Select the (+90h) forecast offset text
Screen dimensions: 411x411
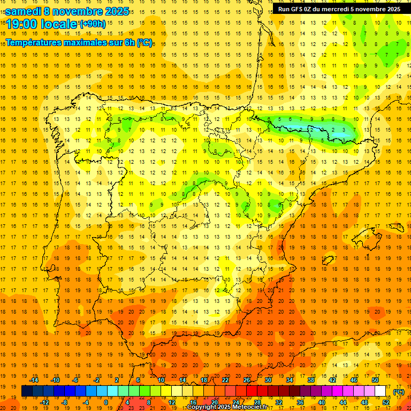93,24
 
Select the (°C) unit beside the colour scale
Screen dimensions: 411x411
399,391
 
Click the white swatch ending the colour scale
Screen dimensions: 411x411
380,391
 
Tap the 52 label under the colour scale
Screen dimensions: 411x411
386,402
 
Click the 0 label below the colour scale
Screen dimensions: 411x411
106,402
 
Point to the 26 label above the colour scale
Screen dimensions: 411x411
247,380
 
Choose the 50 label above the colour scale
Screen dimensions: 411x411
375,380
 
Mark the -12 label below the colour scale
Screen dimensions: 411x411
44,402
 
